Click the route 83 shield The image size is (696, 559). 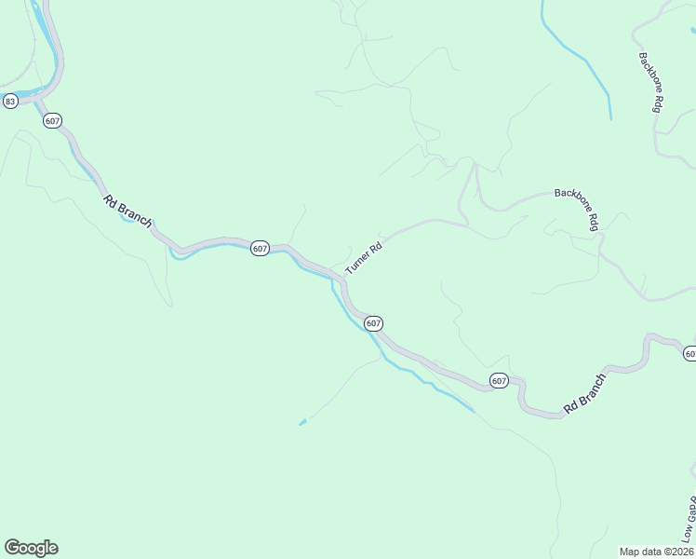(10, 101)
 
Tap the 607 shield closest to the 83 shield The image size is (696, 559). (52, 121)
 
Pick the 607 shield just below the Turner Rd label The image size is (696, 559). (372, 323)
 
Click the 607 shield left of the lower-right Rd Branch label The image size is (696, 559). (499, 380)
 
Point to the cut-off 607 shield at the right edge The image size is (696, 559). (690, 353)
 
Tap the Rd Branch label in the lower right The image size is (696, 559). (584, 393)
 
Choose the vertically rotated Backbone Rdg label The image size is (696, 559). (650, 83)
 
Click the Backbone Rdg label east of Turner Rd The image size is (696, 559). (576, 207)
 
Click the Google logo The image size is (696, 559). (31, 548)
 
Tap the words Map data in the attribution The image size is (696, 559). (642, 552)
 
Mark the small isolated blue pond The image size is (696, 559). (302, 423)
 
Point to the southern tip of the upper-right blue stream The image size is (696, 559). (610, 118)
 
